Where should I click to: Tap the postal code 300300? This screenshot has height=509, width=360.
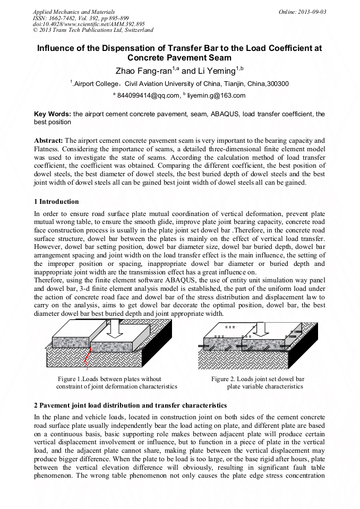(278, 83)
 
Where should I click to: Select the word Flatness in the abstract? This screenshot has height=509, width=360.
(47, 148)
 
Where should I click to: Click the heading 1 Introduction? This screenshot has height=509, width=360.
(56, 202)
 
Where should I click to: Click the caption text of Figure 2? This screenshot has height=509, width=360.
(258, 383)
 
